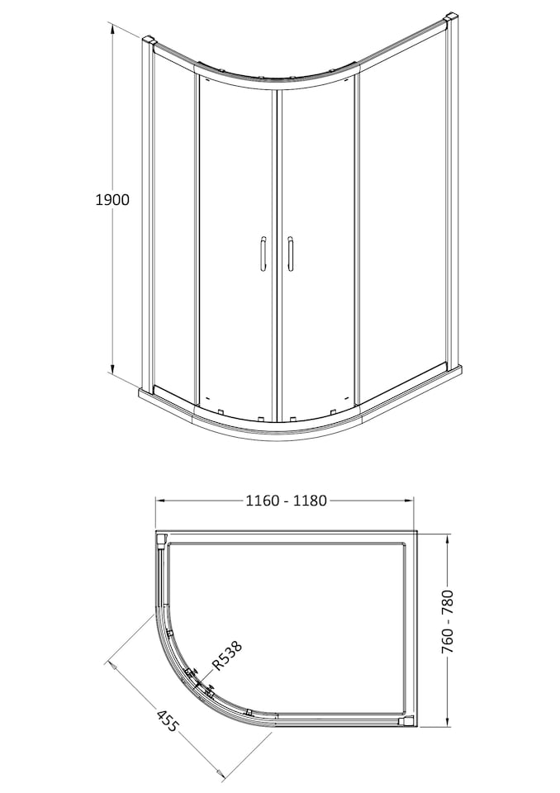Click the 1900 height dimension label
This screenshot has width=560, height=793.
click(x=113, y=199)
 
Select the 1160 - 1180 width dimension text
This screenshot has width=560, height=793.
click(x=286, y=501)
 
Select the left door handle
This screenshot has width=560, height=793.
click(x=262, y=253)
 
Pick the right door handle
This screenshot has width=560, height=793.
click(x=290, y=253)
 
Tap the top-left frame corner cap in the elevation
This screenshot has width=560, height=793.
click(x=149, y=39)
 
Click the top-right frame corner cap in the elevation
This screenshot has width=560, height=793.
click(x=450, y=17)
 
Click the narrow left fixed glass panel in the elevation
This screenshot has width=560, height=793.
click(x=173, y=223)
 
